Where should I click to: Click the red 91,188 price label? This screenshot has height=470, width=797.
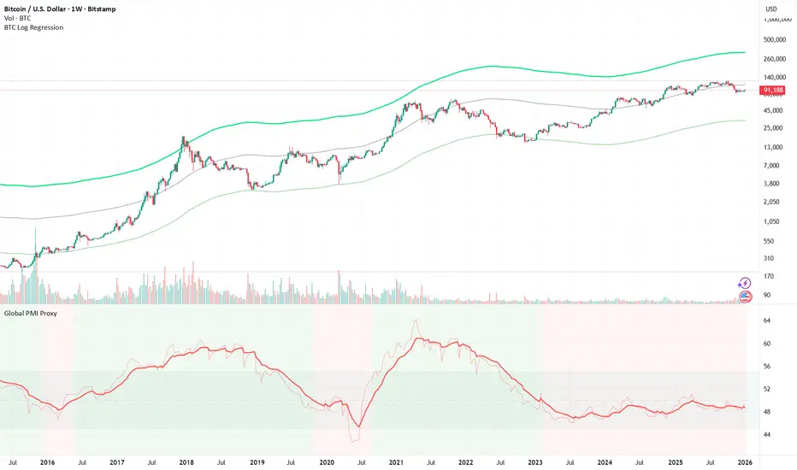pyautogui.click(x=772, y=89)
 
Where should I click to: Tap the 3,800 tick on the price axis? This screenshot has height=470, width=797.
pyautogui.click(x=772, y=183)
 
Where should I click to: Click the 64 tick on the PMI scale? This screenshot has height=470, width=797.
pyautogui.click(x=767, y=320)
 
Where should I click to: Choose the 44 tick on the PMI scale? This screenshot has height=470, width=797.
pyautogui.click(x=767, y=435)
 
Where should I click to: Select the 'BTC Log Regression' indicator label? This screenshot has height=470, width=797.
pyautogui.click(x=32, y=27)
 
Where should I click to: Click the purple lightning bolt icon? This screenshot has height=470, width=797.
pyautogui.click(x=745, y=283)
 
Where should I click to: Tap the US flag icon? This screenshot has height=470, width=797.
pyautogui.click(x=745, y=297)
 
